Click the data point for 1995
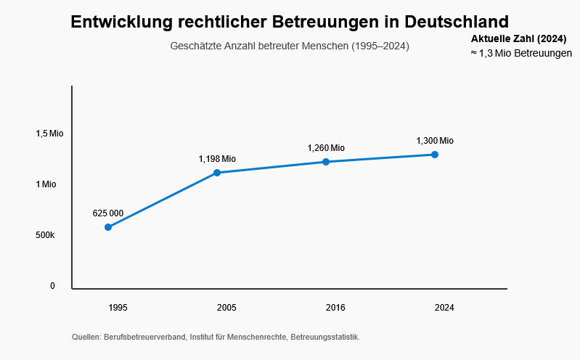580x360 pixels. pyautogui.click(x=108, y=227)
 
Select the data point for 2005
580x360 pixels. pyautogui.click(x=217, y=173)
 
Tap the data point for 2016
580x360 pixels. pyautogui.click(x=326, y=162)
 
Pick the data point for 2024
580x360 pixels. pyautogui.click(x=435, y=155)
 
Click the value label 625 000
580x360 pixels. pyautogui.click(x=108, y=213)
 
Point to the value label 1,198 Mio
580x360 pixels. pyautogui.click(x=217, y=159)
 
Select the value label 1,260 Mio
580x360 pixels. pyautogui.click(x=326, y=148)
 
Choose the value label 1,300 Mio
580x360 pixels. pyautogui.click(x=435, y=141)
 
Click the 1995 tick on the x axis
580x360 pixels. pyautogui.click(x=118, y=308)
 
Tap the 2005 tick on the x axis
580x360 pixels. pyautogui.click(x=226, y=308)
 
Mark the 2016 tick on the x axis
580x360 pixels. pyautogui.click(x=335, y=308)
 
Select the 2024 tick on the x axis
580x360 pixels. pyautogui.click(x=444, y=308)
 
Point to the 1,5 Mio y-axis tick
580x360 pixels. pyautogui.click(x=50, y=134)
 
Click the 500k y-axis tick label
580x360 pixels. pyautogui.click(x=45, y=235)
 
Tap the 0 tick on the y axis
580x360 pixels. pyautogui.click(x=52, y=286)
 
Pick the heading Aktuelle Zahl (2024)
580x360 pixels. pyautogui.click(x=519, y=38)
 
